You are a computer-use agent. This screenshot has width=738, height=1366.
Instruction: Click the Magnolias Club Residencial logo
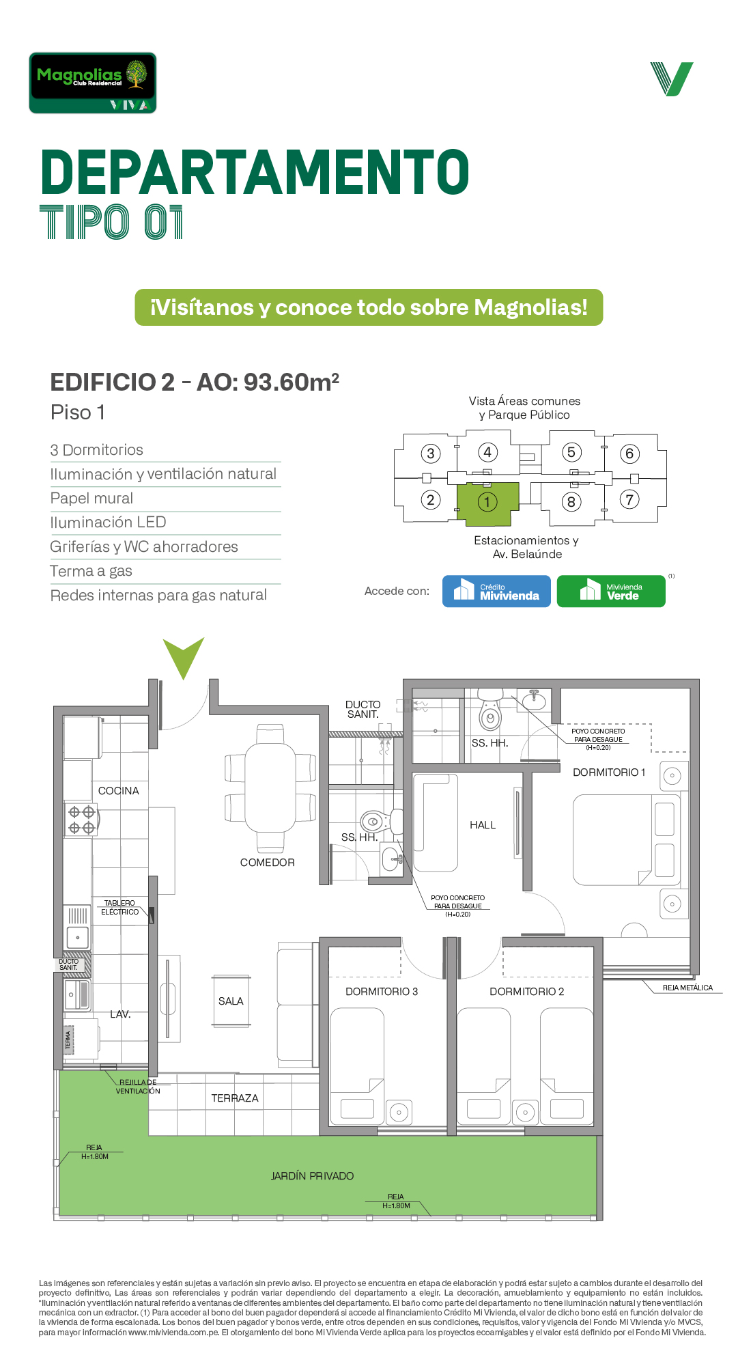pos(93,83)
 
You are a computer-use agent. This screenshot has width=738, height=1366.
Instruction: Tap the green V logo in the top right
pos(672,79)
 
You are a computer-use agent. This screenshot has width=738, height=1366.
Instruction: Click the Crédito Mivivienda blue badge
pos(496,591)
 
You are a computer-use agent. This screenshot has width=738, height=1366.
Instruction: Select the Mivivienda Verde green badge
pos(611,591)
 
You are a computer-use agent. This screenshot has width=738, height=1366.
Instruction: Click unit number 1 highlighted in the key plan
pos(487,502)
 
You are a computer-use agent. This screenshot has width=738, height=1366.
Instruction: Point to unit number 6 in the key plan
pos(629,454)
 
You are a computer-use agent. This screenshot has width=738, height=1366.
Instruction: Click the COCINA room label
pos(119,791)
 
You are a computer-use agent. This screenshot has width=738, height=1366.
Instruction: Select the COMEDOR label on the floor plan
pos(268,863)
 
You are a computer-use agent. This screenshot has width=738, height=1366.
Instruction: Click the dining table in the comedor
pos(270,787)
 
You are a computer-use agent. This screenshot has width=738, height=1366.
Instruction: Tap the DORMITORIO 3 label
pos(382,992)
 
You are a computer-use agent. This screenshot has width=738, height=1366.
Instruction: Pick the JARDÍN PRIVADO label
pos(312,1176)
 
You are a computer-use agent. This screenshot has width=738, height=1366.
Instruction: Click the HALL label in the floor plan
pos(483,825)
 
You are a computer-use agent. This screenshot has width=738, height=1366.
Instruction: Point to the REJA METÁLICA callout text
pos(687,988)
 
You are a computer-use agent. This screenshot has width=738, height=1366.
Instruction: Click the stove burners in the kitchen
pos(82,820)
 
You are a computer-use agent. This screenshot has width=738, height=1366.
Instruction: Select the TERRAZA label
pos(235,1098)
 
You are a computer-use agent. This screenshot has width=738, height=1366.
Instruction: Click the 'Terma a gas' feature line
pos(91,571)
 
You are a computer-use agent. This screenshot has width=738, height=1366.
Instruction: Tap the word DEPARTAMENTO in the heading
pos(255,172)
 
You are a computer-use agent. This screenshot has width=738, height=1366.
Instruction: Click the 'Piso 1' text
pos(78,413)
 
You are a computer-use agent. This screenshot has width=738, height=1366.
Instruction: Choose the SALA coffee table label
pos(231,1001)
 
